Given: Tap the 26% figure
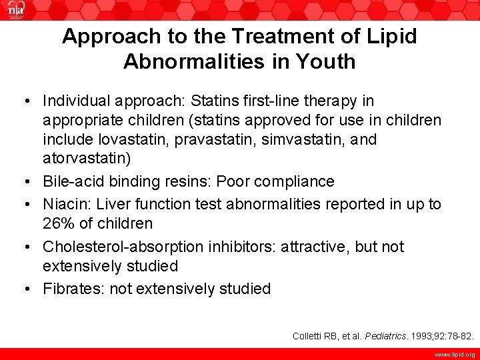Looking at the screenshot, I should click(60, 223).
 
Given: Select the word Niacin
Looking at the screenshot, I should click(65, 204).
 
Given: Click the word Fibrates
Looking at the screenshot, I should click(71, 289).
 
